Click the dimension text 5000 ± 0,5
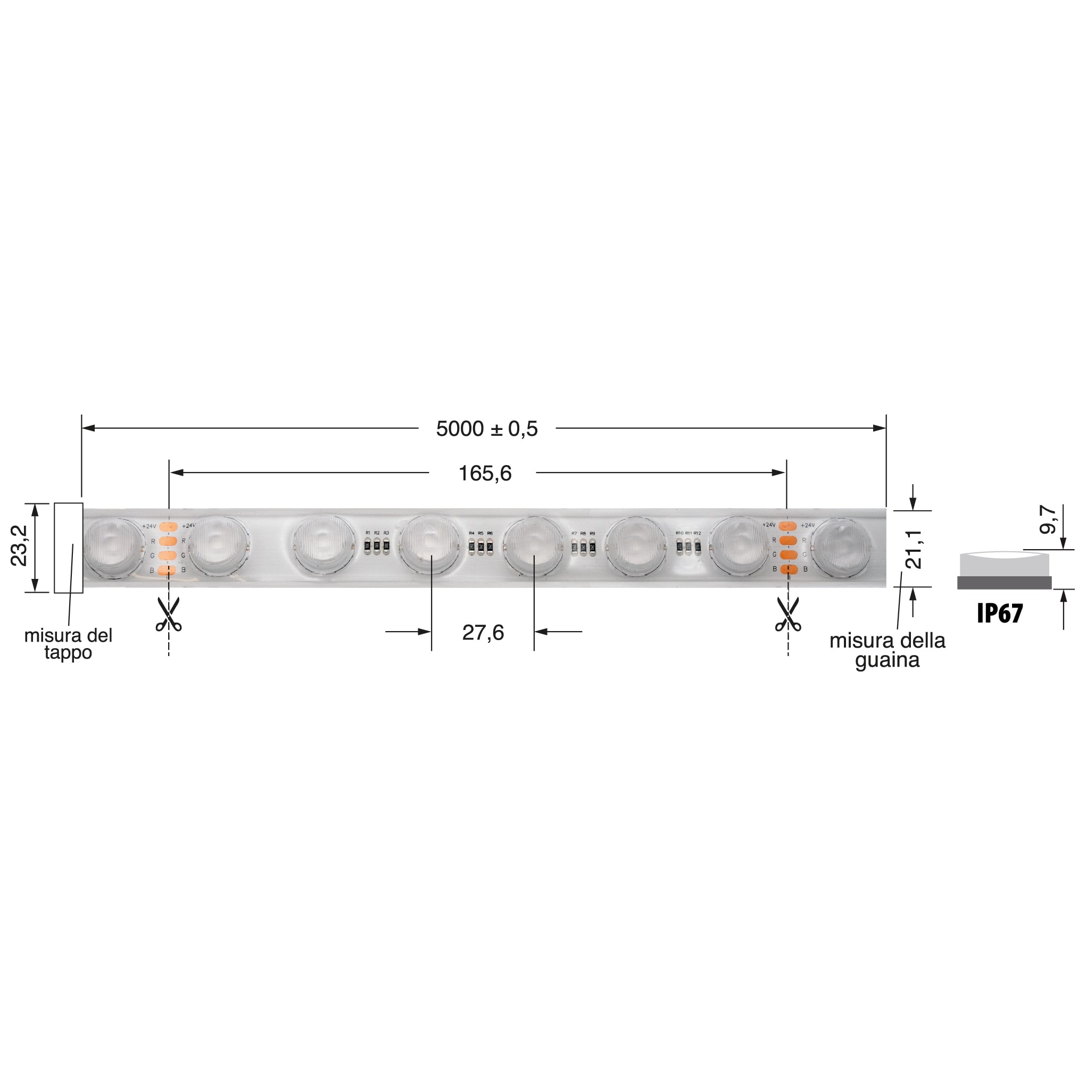(487, 429)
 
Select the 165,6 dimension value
(485, 474)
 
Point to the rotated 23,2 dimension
(19, 545)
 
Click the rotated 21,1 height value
(914, 550)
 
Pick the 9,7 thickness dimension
(1048, 519)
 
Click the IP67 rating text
(1000, 614)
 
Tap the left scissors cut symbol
(169, 615)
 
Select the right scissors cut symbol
(788, 615)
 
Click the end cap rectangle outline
(69, 548)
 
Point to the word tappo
(68, 653)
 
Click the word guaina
(887, 660)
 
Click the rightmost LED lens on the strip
(841, 548)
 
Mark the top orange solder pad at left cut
(169, 526)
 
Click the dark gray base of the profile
(1005, 583)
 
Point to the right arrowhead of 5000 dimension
(879, 428)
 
